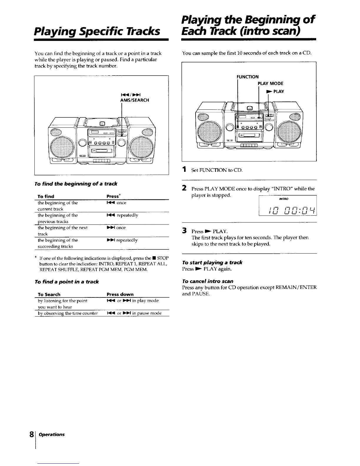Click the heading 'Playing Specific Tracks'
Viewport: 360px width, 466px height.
pyautogui.click(x=97, y=30)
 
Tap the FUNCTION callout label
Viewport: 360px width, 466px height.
pyautogui.click(x=248, y=77)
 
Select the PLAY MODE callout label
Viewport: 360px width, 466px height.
pyautogui.click(x=271, y=84)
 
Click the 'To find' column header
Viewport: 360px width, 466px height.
pyautogui.click(x=46, y=196)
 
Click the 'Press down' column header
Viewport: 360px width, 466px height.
pyautogui.click(x=120, y=294)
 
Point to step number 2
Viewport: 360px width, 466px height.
pyautogui.click(x=184, y=188)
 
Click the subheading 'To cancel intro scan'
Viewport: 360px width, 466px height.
pyautogui.click(x=208, y=281)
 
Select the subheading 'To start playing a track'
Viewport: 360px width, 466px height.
pyautogui.click(x=212, y=262)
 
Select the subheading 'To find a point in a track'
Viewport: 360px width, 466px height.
pyautogui.click(x=66, y=282)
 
